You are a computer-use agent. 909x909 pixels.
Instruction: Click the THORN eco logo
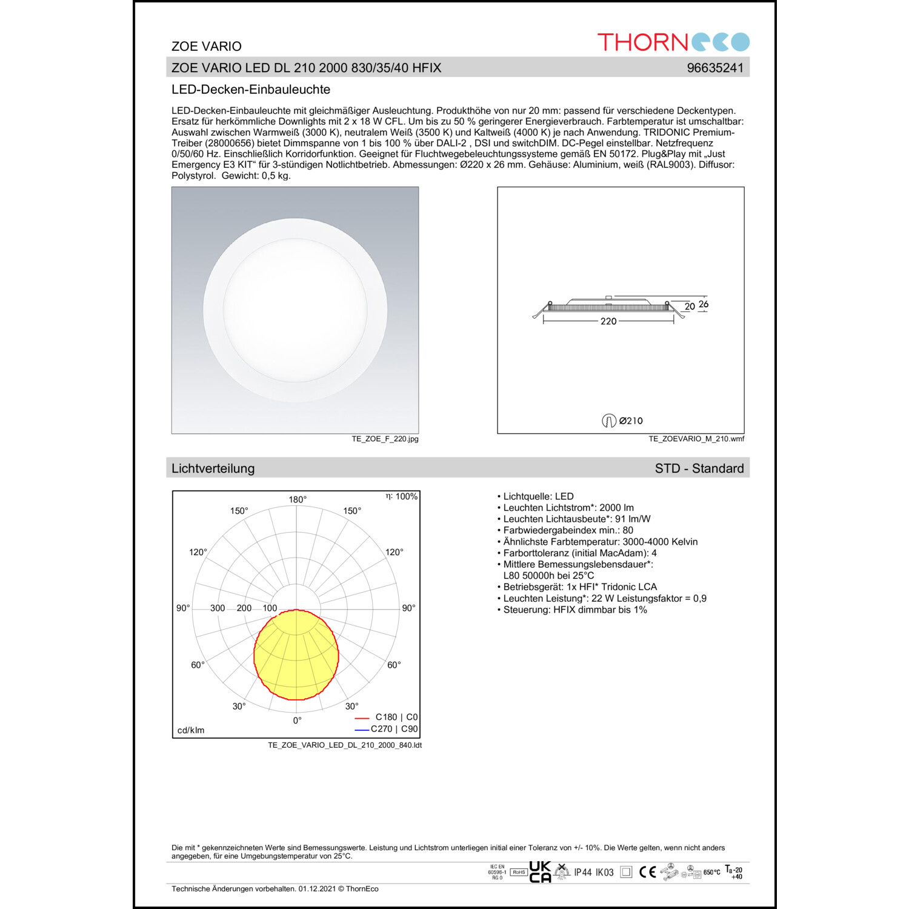pyautogui.click(x=673, y=42)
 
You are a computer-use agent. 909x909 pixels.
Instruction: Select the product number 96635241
pyautogui.click(x=714, y=68)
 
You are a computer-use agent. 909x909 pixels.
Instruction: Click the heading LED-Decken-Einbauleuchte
pyautogui.click(x=251, y=90)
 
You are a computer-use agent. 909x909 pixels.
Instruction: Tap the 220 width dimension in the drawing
pyautogui.click(x=608, y=321)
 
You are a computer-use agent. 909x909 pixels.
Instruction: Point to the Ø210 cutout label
pyautogui.click(x=630, y=421)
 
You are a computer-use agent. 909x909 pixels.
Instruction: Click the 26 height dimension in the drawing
pyautogui.click(x=703, y=304)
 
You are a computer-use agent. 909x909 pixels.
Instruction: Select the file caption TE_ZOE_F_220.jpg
pyautogui.click(x=385, y=439)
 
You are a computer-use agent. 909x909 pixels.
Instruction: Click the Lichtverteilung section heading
pyautogui.click(x=213, y=468)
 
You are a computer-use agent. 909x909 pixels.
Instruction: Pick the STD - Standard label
pyautogui.click(x=699, y=468)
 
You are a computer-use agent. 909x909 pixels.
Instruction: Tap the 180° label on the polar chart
pyautogui.click(x=298, y=499)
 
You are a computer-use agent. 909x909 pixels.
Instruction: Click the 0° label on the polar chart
pyautogui.click(x=297, y=721)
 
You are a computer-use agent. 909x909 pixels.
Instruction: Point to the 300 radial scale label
pyautogui.click(x=218, y=608)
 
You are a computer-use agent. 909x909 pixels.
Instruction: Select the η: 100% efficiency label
pyautogui.click(x=402, y=496)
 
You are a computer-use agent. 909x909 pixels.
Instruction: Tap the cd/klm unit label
pyautogui.click(x=191, y=730)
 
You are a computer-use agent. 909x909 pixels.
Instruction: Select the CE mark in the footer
pyautogui.click(x=647, y=872)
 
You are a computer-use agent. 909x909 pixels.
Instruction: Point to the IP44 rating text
pyautogui.click(x=582, y=873)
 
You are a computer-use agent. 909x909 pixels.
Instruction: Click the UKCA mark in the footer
pyautogui.click(x=540, y=872)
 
